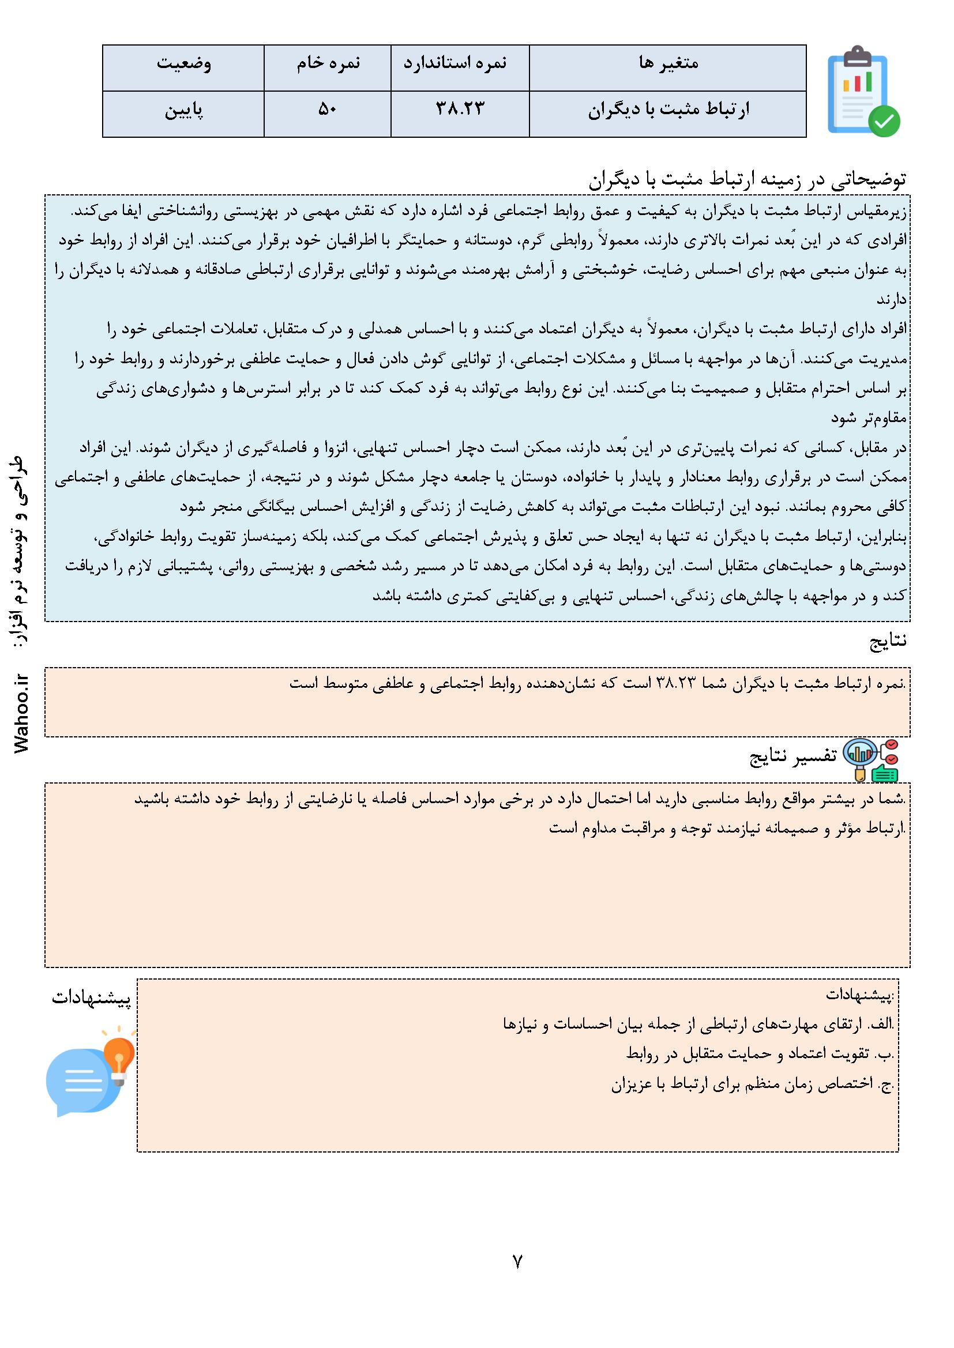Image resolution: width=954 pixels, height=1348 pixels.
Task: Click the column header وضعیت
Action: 183,63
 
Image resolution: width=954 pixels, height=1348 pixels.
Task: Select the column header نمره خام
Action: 328,63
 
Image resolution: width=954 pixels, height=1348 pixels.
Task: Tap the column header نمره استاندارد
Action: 460,63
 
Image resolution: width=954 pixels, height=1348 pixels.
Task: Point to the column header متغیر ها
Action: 668,63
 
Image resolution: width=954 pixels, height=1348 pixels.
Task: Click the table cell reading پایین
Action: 183,110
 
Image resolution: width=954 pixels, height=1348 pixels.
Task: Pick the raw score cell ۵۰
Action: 327,110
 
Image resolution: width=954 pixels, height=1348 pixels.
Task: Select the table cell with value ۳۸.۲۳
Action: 460,110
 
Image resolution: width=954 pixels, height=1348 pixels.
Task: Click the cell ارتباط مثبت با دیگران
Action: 668,110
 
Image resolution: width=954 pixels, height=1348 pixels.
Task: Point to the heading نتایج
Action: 888,642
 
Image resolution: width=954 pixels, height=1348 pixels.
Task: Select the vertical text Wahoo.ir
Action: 23,714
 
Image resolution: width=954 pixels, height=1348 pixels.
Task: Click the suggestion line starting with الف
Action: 698,1025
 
